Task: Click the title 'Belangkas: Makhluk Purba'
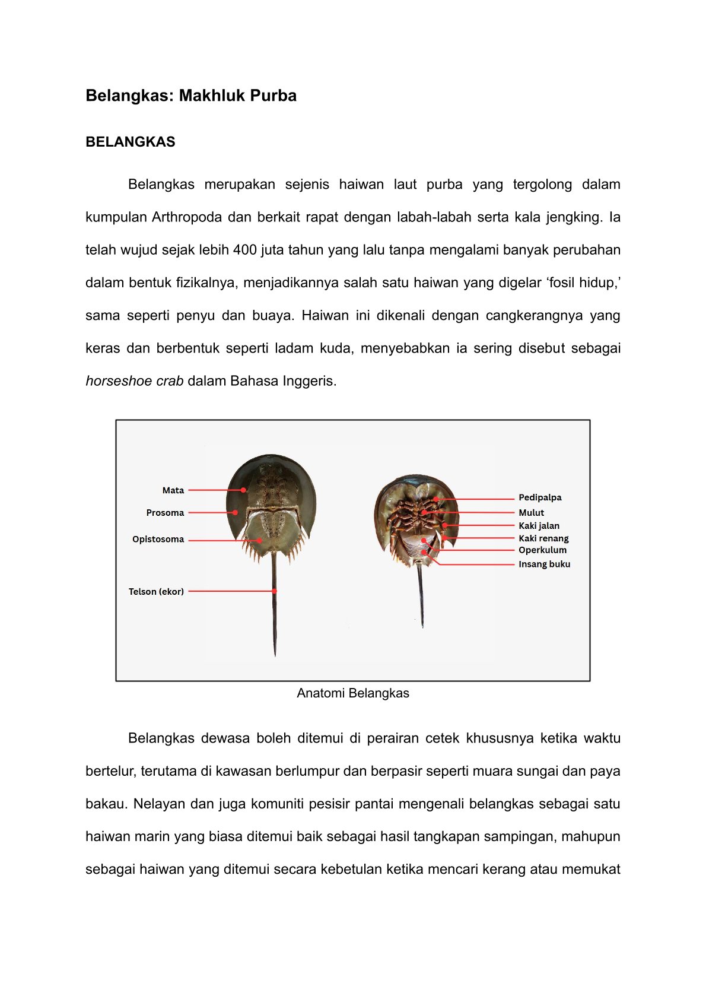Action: [191, 96]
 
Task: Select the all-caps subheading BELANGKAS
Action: [131, 142]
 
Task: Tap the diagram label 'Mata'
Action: [173, 490]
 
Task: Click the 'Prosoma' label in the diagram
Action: [165, 513]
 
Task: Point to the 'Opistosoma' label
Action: [158, 540]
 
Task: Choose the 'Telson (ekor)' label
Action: [156, 592]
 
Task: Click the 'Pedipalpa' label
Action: [540, 497]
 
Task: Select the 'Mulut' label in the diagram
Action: [531, 513]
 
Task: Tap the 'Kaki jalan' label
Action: [539, 526]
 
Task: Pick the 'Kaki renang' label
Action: [543, 538]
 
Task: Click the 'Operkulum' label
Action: [542, 550]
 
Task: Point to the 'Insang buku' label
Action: [544, 564]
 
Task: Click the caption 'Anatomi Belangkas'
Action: [353, 693]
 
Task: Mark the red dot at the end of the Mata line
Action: [244, 490]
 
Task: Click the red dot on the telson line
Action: [275, 591]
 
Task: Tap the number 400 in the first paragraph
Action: [245, 250]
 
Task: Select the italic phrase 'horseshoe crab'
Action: [135, 381]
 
